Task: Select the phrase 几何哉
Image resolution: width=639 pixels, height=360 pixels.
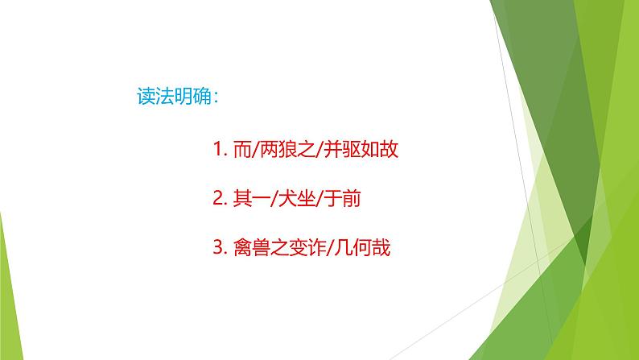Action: pos(363,250)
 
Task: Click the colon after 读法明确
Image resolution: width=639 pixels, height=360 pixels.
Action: pos(220,96)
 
